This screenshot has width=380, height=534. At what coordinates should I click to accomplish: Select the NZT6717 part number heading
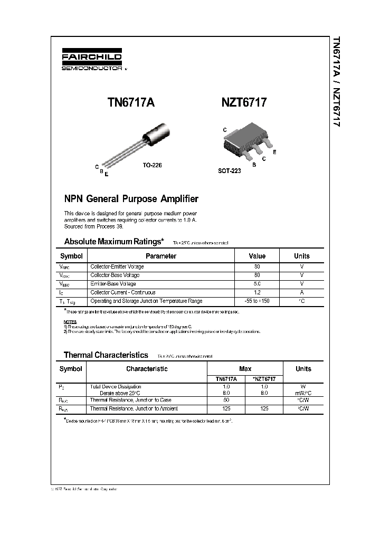coord(244,103)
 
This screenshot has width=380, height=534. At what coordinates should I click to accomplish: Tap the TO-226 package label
coord(152,165)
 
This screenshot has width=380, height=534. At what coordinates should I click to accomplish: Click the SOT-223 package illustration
coord(246,140)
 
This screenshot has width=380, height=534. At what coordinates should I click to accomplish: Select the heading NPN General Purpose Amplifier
coord(131,199)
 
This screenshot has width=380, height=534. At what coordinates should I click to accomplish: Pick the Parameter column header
coord(160,256)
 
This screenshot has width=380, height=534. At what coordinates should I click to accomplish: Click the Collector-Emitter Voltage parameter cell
coord(117,267)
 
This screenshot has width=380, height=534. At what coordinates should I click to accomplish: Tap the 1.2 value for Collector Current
coord(257,292)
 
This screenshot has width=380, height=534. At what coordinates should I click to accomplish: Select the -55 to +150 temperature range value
coord(257,301)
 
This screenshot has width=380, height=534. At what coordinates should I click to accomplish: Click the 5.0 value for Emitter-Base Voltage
coord(257,284)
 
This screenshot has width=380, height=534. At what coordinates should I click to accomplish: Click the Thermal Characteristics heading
coord(106,355)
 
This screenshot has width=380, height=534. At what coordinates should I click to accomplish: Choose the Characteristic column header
coord(147,369)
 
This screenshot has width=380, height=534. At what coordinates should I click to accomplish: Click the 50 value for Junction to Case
coord(226,400)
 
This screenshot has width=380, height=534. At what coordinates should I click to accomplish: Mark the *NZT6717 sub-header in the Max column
coord(264,379)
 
